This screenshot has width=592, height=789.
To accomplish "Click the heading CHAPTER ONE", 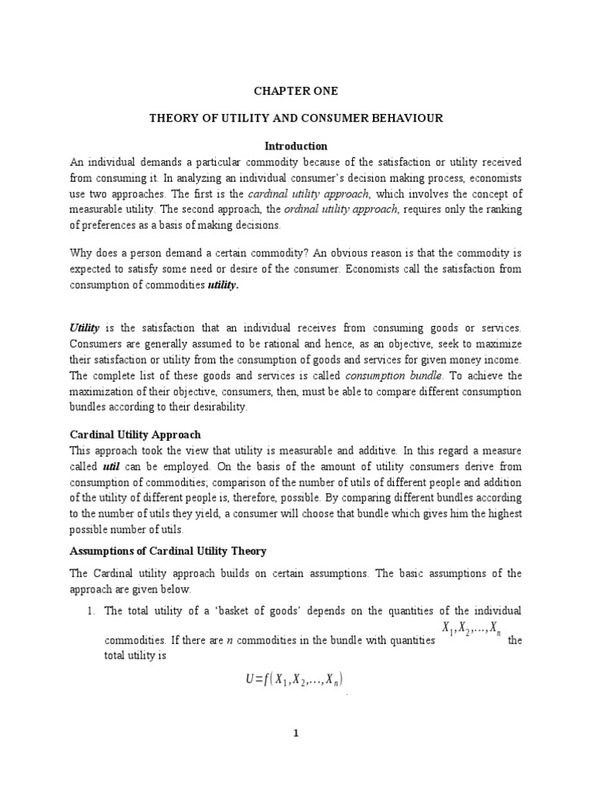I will coord(296,91).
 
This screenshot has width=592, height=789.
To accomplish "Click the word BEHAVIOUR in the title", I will coord(410,119).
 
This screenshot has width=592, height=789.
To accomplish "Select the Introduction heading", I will coord(296,146).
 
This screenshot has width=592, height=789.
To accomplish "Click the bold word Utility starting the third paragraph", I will coord(86,327).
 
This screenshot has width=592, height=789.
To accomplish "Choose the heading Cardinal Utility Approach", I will coord(136,435).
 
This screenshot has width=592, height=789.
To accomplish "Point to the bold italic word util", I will coord(111,467).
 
